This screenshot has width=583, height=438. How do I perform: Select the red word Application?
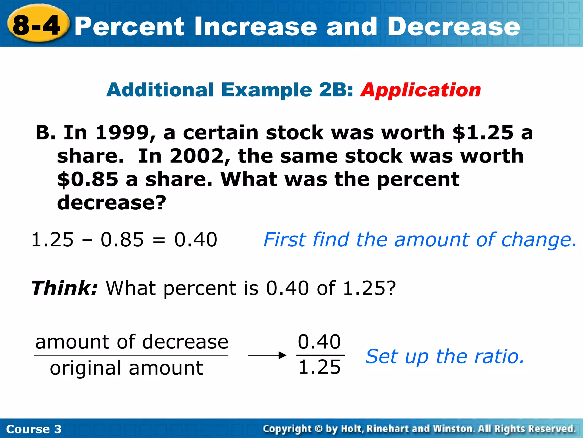[420, 90]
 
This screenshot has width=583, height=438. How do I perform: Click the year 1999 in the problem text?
[122, 133]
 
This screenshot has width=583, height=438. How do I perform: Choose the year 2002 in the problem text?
[197, 156]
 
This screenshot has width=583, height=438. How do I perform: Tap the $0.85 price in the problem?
[88, 179]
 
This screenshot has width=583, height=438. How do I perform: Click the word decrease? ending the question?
[111, 203]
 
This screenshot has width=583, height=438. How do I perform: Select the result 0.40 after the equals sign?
[196, 240]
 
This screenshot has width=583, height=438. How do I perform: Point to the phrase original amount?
[126, 368]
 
